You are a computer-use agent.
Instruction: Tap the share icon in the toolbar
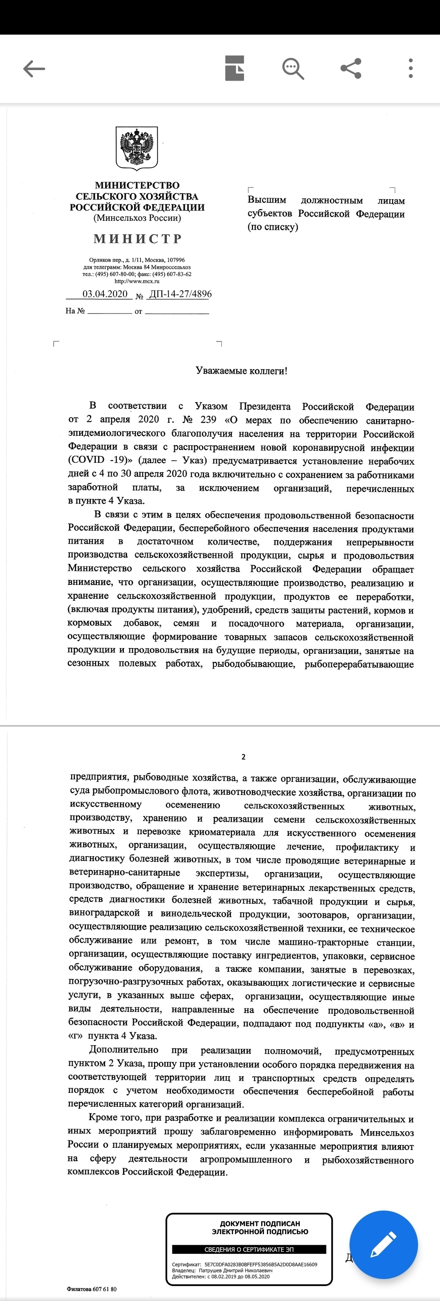point(351,68)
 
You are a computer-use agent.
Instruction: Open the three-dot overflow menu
point(411,68)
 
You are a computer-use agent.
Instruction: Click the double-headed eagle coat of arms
point(137,147)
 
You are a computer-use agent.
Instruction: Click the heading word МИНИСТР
point(137,238)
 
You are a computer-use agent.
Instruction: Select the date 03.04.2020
point(105,294)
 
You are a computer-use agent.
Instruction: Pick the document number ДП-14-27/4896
point(180,294)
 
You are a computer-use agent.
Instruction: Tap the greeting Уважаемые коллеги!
point(242,371)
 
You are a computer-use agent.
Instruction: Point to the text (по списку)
point(273,227)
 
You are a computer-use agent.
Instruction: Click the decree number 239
point(208,420)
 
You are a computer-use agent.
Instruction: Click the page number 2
point(244,756)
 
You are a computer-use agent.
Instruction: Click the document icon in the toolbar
point(234,68)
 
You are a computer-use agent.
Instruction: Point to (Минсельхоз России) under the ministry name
point(137,218)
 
